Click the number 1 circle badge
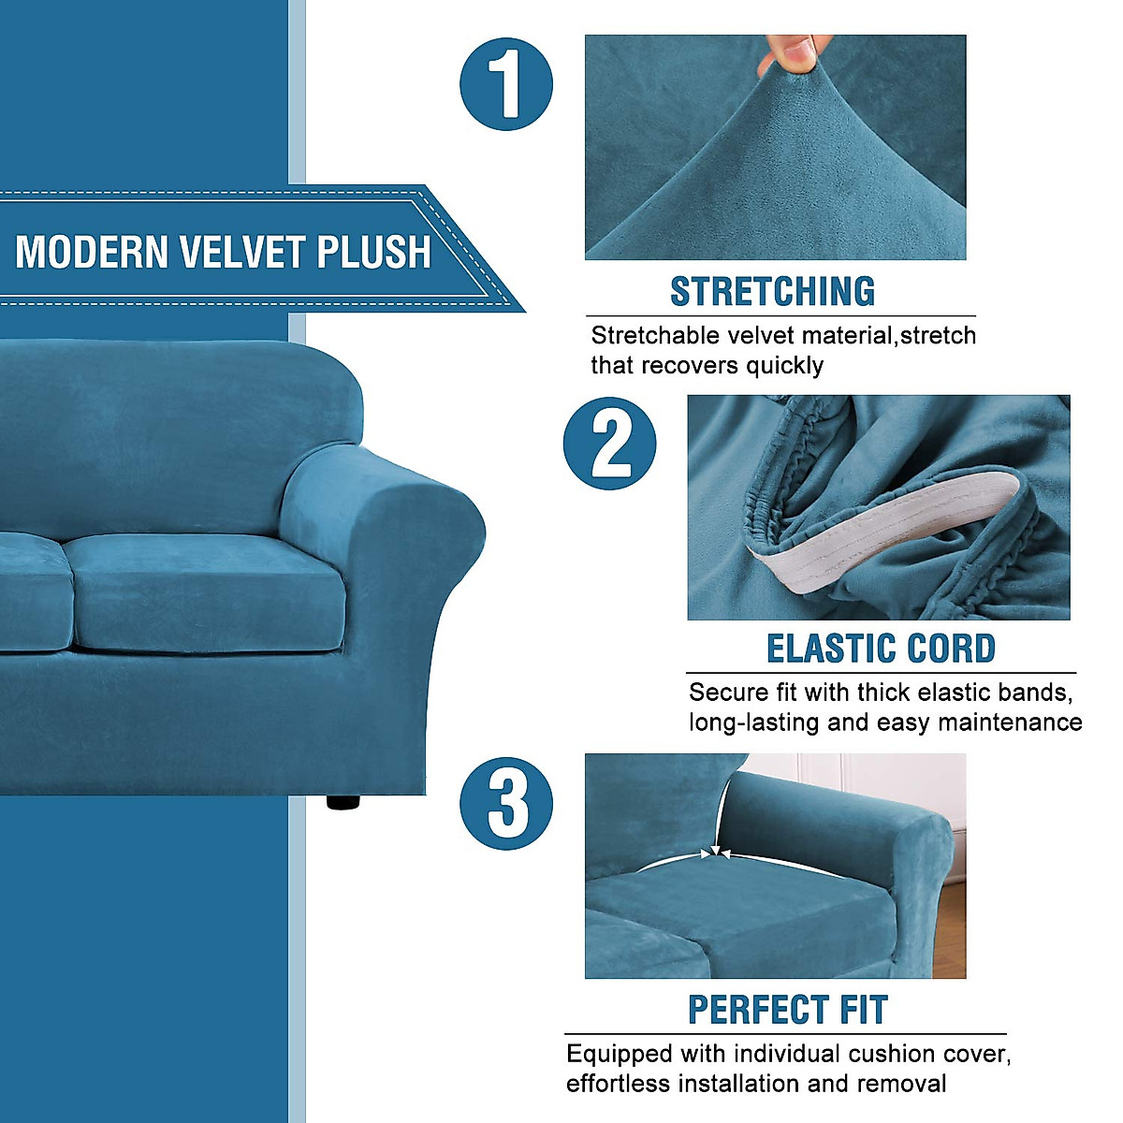point(506,83)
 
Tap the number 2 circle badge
point(609,444)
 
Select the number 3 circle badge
point(506,804)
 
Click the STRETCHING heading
point(772,292)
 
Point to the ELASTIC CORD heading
point(881,649)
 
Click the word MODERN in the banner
point(92,253)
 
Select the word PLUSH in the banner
point(373,253)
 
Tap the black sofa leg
point(343,802)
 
